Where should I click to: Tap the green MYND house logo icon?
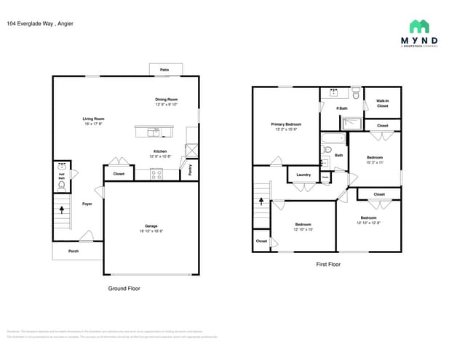pos(419,27)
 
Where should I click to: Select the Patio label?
pos(164,70)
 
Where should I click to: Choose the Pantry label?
pos(191,170)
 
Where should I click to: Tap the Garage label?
pos(151,228)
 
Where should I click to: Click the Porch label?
pos(73,252)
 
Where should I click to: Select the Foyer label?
pos(87,204)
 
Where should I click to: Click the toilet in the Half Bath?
pos(61,185)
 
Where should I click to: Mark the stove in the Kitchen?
pos(156,173)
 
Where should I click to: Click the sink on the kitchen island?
pos(155,132)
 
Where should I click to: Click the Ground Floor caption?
pos(124,288)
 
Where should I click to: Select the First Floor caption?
pos(328,265)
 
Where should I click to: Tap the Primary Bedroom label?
pos(286,127)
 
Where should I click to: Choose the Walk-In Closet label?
pos(382,103)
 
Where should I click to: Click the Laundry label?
pos(304,175)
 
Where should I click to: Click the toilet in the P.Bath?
pos(357,95)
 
